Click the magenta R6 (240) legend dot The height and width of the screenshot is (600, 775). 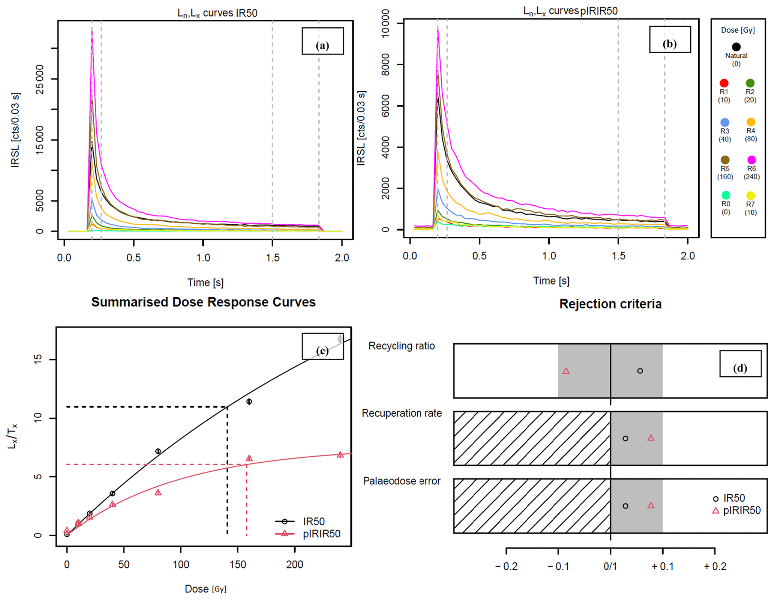coord(751,160)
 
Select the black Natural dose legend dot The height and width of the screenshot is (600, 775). coord(736,47)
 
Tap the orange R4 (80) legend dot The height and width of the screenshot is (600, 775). coord(751,122)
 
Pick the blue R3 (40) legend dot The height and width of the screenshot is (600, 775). coord(725,122)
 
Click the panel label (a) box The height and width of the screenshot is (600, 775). coord(322,41)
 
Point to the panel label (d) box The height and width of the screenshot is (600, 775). coord(740,364)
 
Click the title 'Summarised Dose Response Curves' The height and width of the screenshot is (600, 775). coord(203,302)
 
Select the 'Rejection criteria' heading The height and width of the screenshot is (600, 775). coord(610,304)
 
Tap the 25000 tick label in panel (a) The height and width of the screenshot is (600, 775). coord(40,80)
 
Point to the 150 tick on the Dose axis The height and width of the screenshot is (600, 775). coord(238,564)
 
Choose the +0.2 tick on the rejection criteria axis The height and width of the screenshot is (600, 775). coord(715,566)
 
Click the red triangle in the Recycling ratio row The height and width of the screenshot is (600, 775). coord(566,371)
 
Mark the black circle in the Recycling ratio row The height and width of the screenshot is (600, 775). coord(640,371)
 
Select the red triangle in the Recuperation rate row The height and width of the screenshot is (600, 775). coord(651,438)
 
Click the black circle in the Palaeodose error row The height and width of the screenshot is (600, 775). coord(625,506)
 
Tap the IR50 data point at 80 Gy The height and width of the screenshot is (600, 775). coord(158,451)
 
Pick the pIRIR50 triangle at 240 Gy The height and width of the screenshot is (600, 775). coord(340,455)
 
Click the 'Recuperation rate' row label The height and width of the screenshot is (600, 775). coord(402,413)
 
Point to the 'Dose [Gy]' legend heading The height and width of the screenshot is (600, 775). coord(738,30)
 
